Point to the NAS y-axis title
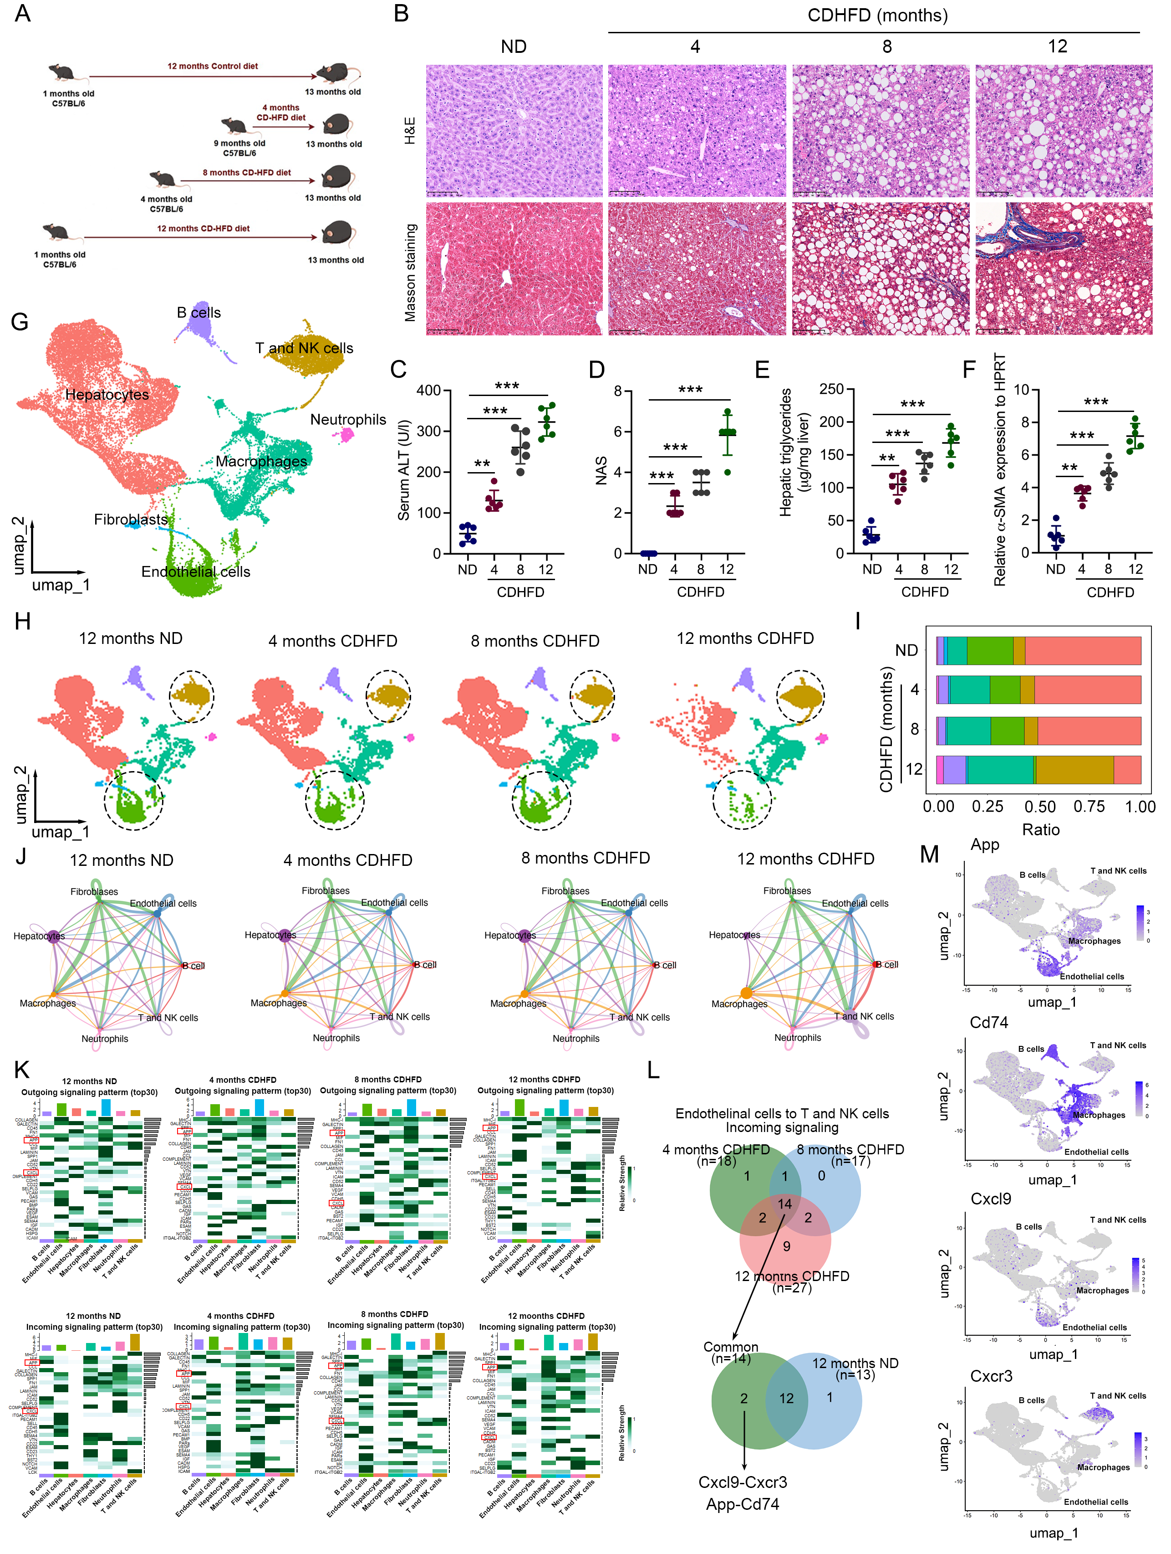[x=601, y=471]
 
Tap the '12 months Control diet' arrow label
[x=212, y=66]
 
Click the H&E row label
[x=410, y=131]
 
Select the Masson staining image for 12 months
[x=1063, y=269]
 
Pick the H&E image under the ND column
[x=514, y=131]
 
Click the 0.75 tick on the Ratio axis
[x=1089, y=807]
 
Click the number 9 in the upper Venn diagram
[x=786, y=1246]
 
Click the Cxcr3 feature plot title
[x=991, y=1376]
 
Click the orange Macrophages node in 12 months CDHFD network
[x=746, y=993]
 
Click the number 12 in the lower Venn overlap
[x=786, y=1399]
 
